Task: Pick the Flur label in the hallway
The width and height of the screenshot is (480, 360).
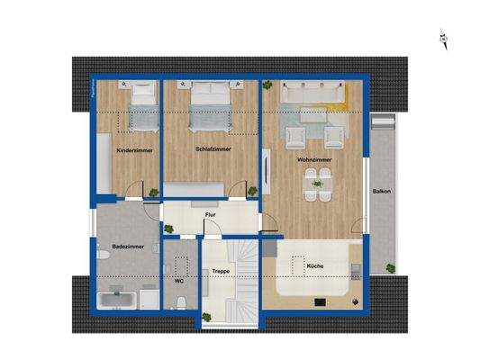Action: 210,215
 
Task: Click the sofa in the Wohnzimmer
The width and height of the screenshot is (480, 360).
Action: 312,92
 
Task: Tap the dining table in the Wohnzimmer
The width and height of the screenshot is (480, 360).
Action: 315,188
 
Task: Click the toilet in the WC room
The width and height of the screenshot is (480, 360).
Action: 180,264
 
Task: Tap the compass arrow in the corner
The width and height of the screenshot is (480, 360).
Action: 444,38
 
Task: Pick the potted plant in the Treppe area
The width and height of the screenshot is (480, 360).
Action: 208,314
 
